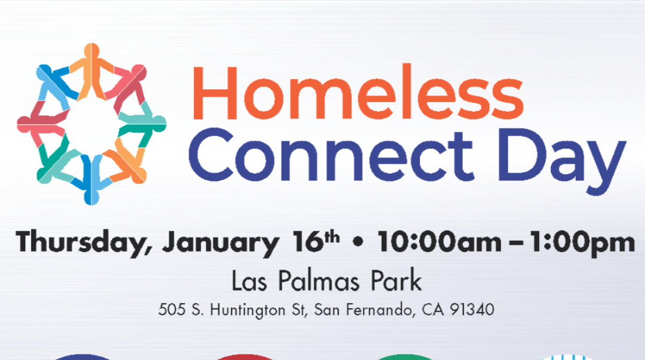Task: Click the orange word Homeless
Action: click(358, 91)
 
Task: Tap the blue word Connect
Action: click(331, 155)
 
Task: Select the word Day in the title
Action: click(562, 162)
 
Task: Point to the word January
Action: click(220, 244)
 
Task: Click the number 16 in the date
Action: click(307, 242)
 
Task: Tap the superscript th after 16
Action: click(332, 237)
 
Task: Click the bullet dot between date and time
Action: click(358, 242)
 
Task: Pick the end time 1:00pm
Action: click(582, 243)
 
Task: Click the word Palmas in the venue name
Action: click(319, 280)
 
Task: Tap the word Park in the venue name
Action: click(396, 280)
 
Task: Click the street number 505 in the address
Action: click(172, 309)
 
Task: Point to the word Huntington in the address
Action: click(257, 311)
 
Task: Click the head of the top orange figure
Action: click(91, 51)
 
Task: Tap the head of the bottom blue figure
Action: click(91, 197)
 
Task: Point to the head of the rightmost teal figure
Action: click(159, 124)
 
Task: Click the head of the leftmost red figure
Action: click(25, 125)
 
